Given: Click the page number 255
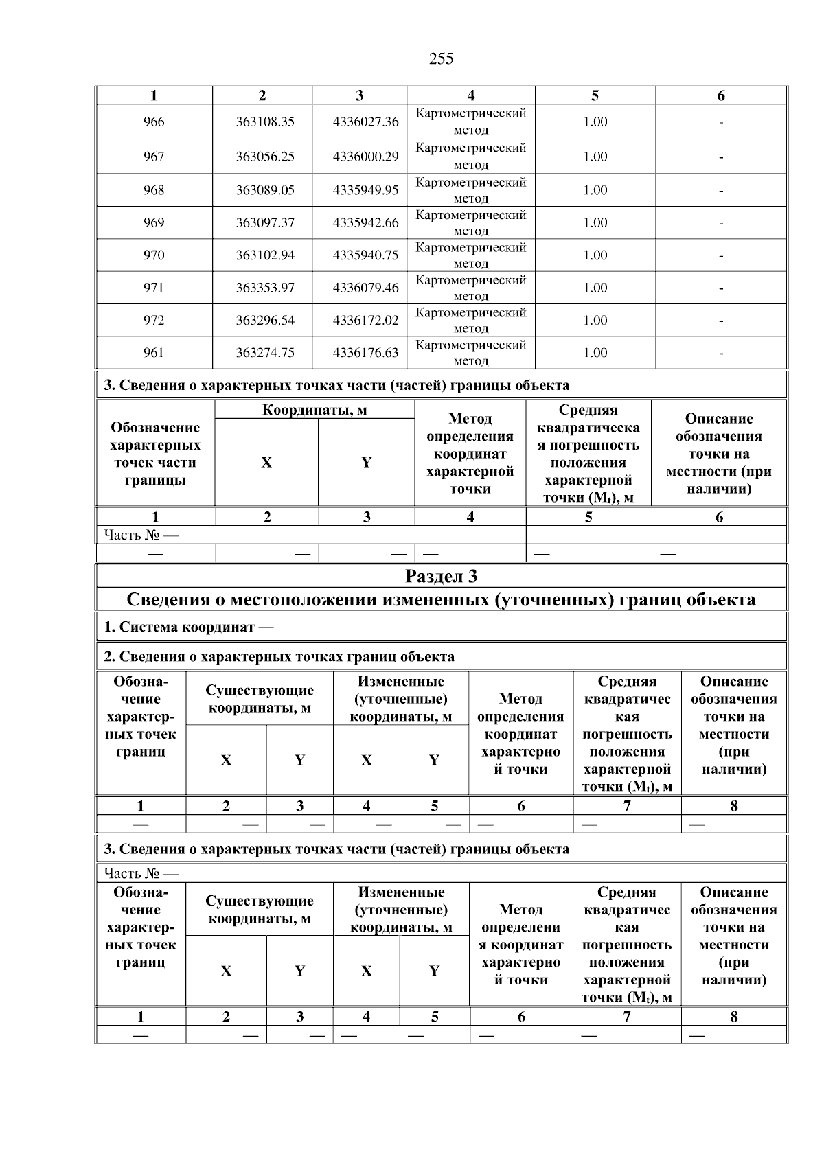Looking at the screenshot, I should pyautogui.click(x=441, y=59).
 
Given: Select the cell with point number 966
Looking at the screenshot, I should pyautogui.click(x=154, y=122).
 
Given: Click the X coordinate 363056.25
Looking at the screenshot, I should pyautogui.click(x=265, y=157).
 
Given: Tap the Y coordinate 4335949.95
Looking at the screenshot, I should pyautogui.click(x=365, y=190).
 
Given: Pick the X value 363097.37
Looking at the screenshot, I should pyautogui.click(x=265, y=222).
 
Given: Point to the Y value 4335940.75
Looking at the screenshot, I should pyautogui.click(x=365, y=255).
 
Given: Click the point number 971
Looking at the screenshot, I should pyautogui.click(x=154, y=288).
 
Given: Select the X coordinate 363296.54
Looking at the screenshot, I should pyautogui.click(x=265, y=320).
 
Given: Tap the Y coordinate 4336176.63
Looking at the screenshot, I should pyautogui.click(x=365, y=352).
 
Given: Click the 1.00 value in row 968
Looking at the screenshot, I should pyautogui.click(x=595, y=190).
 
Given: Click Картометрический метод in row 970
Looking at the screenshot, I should pyautogui.click(x=470, y=255).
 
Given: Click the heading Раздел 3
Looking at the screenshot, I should pyautogui.click(x=441, y=576).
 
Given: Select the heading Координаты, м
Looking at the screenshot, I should pyautogui.click(x=314, y=411).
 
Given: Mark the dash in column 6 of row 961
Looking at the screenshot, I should pyautogui.click(x=721, y=354).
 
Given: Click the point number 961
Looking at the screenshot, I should pyautogui.click(x=154, y=352).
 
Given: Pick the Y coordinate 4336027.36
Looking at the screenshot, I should pyautogui.click(x=365, y=122).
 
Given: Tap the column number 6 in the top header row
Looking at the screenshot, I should pyautogui.click(x=721, y=96).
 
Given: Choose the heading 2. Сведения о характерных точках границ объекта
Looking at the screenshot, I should pyautogui.click(x=279, y=657).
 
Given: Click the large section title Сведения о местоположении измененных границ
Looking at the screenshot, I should pyautogui.click(x=441, y=600).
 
